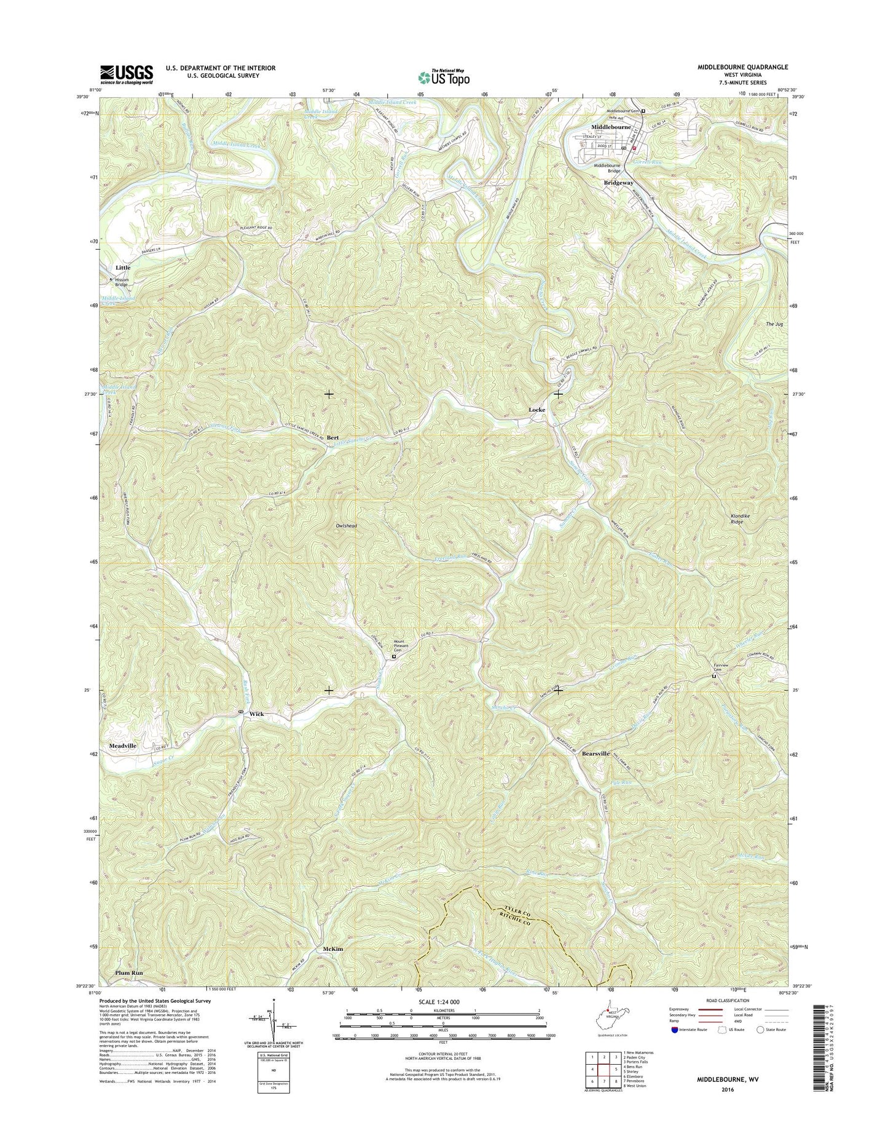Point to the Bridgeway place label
(x=618, y=183)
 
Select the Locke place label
(x=537, y=409)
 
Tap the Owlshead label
(x=346, y=526)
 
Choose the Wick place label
(x=256, y=714)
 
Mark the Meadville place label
(x=123, y=745)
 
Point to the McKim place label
(x=332, y=949)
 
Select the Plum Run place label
(x=129, y=973)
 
